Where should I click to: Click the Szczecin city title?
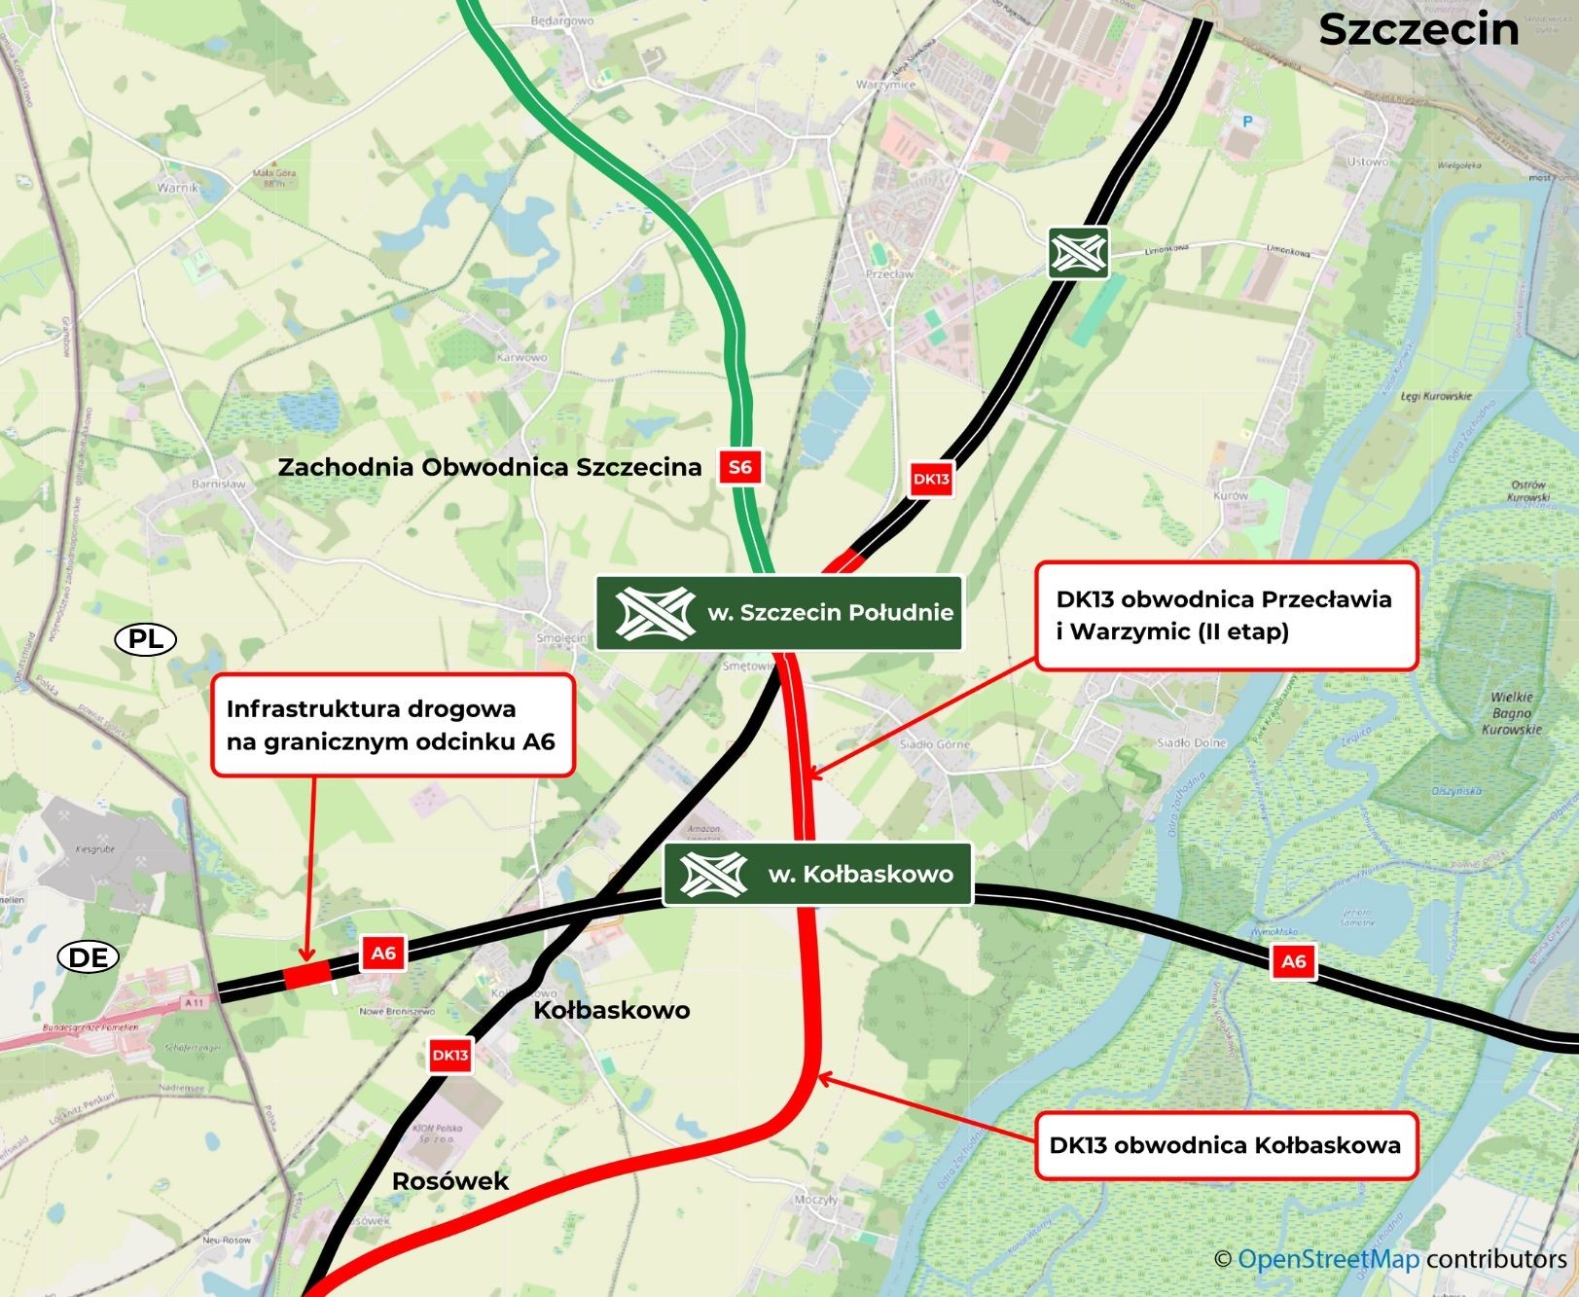1418,29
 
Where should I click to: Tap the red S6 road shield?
739,467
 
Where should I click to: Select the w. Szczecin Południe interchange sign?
778,613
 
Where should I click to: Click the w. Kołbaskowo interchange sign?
817,874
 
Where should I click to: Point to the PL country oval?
146,639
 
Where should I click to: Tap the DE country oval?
89,957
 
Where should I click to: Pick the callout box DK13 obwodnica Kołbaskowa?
1225,1145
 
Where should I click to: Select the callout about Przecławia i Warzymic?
1225,615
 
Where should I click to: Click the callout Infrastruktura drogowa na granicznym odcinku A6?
391,725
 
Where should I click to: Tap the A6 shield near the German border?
383,953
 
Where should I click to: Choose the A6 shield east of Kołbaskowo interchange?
1293,961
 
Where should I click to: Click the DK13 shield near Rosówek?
449,1055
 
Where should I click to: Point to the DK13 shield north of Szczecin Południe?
930,479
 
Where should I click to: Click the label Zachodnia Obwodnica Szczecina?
489,467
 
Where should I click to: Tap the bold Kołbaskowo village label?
612,1010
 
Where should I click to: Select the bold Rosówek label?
449,1181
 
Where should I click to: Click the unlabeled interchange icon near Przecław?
1078,253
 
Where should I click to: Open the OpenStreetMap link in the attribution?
1328,1259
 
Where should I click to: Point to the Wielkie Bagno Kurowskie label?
1511,712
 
